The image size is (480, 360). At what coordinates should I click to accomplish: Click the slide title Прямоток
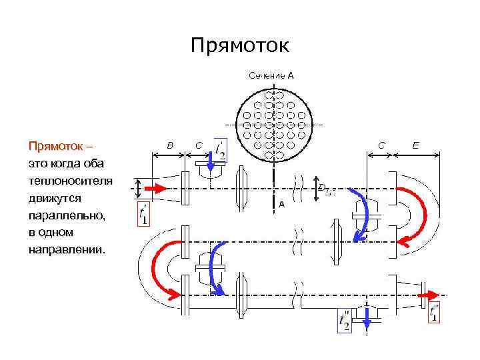click(x=239, y=45)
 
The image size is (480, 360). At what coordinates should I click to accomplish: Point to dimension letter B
click(x=169, y=144)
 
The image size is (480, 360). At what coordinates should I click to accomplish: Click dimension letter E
click(x=416, y=144)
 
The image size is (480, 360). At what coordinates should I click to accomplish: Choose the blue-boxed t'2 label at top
click(x=221, y=151)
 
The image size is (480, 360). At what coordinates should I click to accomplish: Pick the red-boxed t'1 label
click(x=143, y=214)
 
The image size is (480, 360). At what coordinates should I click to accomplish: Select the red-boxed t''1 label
click(x=435, y=313)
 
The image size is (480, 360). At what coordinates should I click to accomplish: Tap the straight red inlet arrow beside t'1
click(x=153, y=189)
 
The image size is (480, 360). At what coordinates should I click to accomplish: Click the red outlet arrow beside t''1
click(x=433, y=294)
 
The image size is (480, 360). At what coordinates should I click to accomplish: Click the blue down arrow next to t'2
click(x=210, y=161)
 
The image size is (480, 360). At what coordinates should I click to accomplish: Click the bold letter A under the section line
click(x=281, y=205)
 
